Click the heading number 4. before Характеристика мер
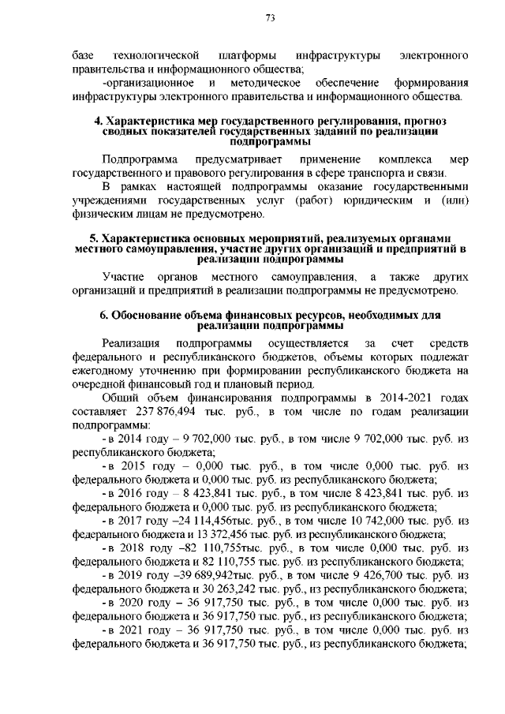pyautogui.click(x=98, y=121)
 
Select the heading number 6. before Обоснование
pyautogui.click(x=103, y=316)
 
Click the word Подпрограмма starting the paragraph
pyautogui.click(x=140, y=160)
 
